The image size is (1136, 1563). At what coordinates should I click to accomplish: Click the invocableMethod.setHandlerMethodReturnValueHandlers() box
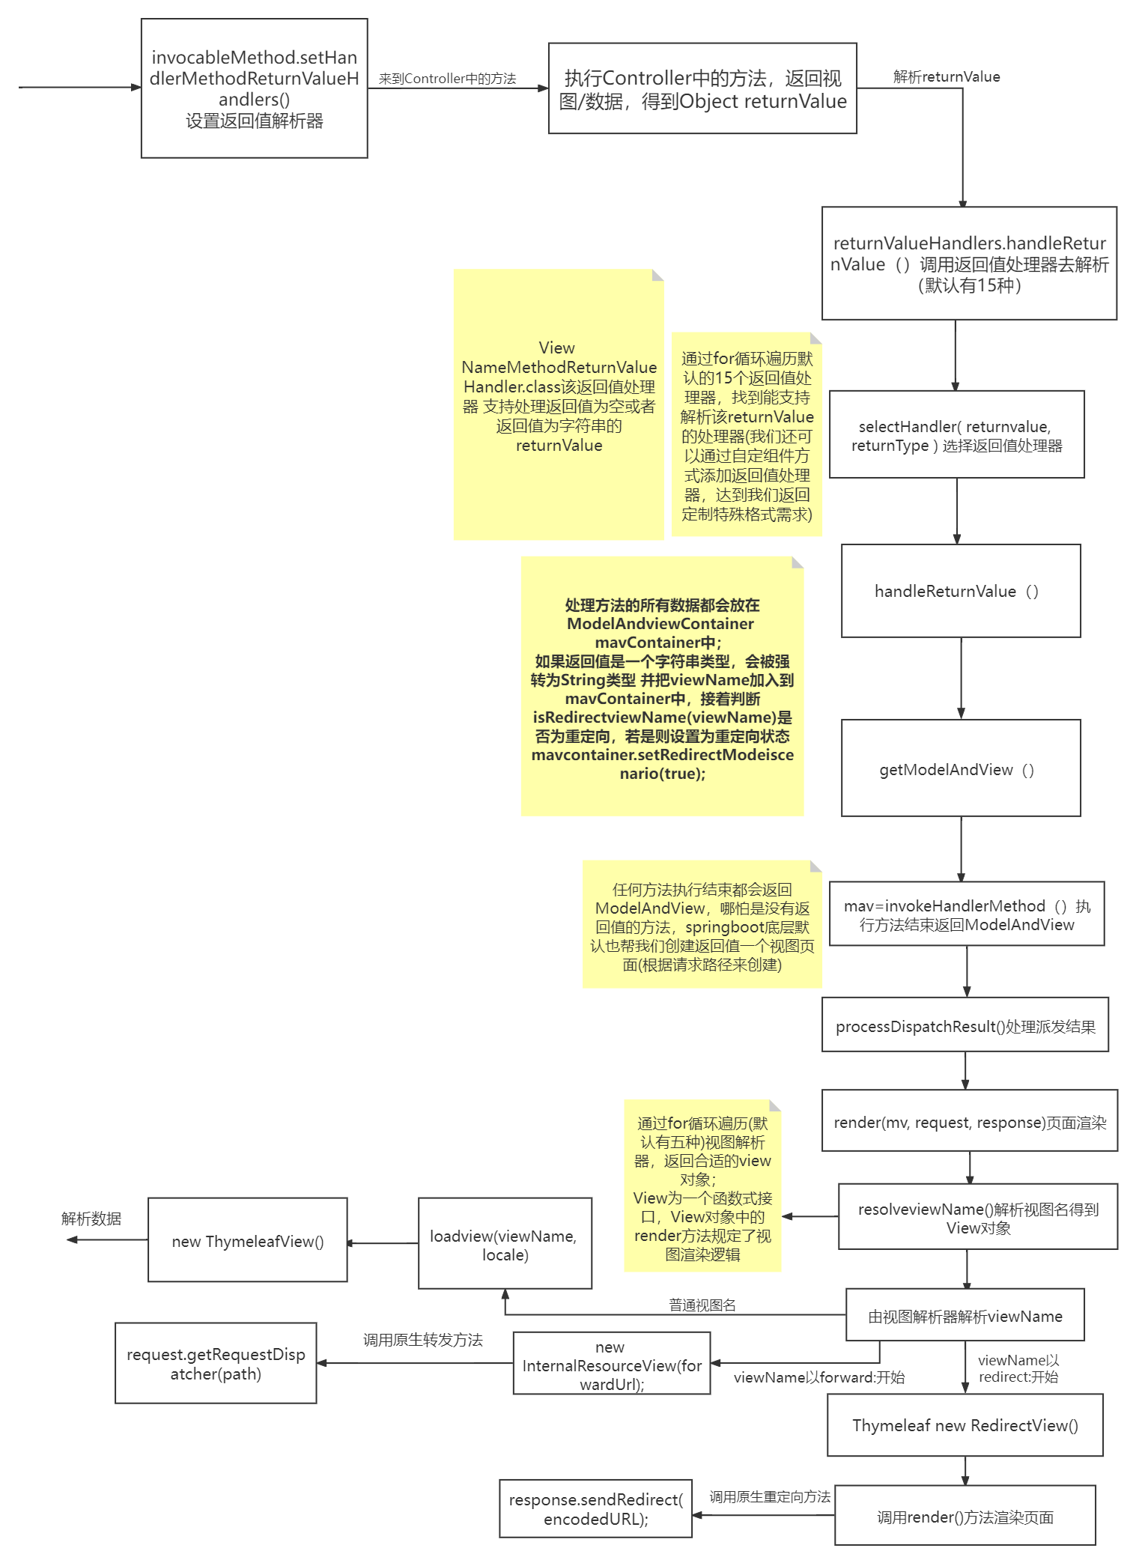[x=254, y=88]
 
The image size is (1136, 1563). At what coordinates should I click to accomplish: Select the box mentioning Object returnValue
[x=702, y=88]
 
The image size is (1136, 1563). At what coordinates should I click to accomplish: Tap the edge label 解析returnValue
[x=946, y=76]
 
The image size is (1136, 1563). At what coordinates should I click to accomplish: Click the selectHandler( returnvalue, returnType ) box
[x=956, y=434]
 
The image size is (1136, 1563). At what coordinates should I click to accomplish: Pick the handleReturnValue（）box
[x=960, y=591]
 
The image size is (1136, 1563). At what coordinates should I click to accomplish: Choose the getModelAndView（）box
[x=960, y=768]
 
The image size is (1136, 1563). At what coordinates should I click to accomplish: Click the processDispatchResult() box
[x=965, y=1025]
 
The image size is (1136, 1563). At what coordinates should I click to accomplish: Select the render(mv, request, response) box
[x=969, y=1121]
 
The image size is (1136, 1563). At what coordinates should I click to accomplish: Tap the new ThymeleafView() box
[x=247, y=1240]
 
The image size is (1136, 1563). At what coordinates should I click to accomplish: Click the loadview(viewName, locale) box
[x=504, y=1244]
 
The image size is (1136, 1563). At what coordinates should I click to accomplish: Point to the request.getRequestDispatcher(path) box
[x=216, y=1363]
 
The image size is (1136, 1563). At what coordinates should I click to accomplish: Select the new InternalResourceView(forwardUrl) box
[x=611, y=1364]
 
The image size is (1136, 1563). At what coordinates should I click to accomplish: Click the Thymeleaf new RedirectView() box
[x=965, y=1425]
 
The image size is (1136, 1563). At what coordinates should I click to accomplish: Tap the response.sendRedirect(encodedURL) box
[x=595, y=1508]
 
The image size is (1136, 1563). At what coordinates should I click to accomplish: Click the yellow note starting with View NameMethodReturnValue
[x=558, y=404]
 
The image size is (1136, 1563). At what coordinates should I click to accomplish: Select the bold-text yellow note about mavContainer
[x=662, y=686]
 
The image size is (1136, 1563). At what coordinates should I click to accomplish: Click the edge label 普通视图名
[x=702, y=1305]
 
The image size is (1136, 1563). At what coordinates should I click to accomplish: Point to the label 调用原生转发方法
[x=422, y=1340]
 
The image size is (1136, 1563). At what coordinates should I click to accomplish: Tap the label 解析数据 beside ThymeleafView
[x=91, y=1218]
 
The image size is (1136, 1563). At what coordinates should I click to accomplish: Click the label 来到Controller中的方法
[x=447, y=79]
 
